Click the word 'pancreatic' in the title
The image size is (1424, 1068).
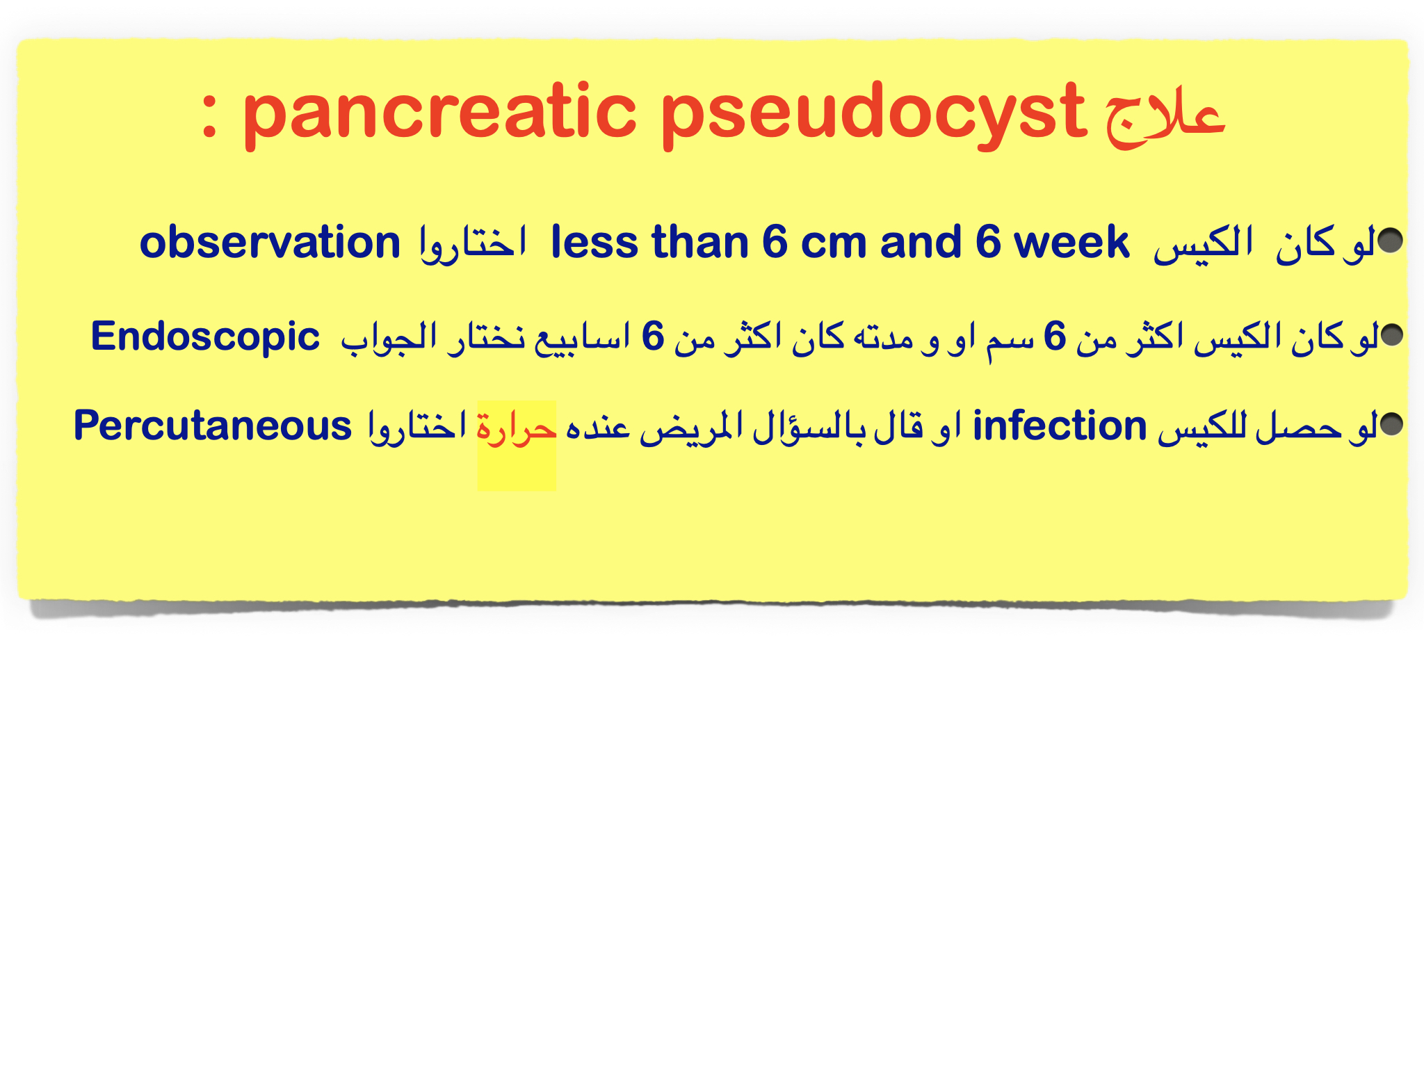(439, 115)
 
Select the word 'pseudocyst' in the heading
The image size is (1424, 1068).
(873, 115)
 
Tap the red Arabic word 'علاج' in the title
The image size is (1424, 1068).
(1165, 118)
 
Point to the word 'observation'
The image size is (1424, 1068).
(270, 242)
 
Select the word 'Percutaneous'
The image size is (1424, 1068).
(213, 426)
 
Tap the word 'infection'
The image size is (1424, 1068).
(1060, 426)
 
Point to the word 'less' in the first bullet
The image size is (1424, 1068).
(594, 242)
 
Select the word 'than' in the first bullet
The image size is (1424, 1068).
(700, 242)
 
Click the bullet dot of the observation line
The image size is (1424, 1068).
(1390, 240)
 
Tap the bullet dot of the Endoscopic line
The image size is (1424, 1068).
(1392, 335)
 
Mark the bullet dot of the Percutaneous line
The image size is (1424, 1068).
(1392, 424)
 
